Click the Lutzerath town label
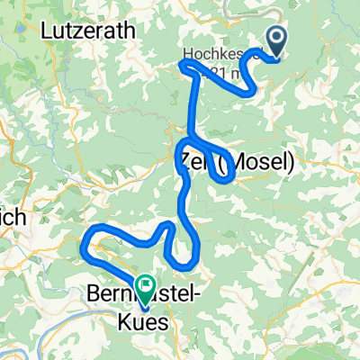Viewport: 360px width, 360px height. [88, 30]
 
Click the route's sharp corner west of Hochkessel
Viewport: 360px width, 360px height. [183, 65]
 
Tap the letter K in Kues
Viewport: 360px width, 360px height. [125, 316]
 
